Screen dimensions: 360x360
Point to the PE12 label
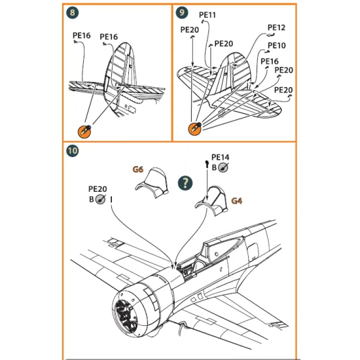click(276, 27)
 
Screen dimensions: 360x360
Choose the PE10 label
click(278, 45)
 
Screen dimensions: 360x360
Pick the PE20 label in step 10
click(98, 189)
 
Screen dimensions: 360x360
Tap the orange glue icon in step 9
click(194, 128)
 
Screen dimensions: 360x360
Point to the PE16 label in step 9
click(270, 61)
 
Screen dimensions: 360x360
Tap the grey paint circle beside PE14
click(223, 168)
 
